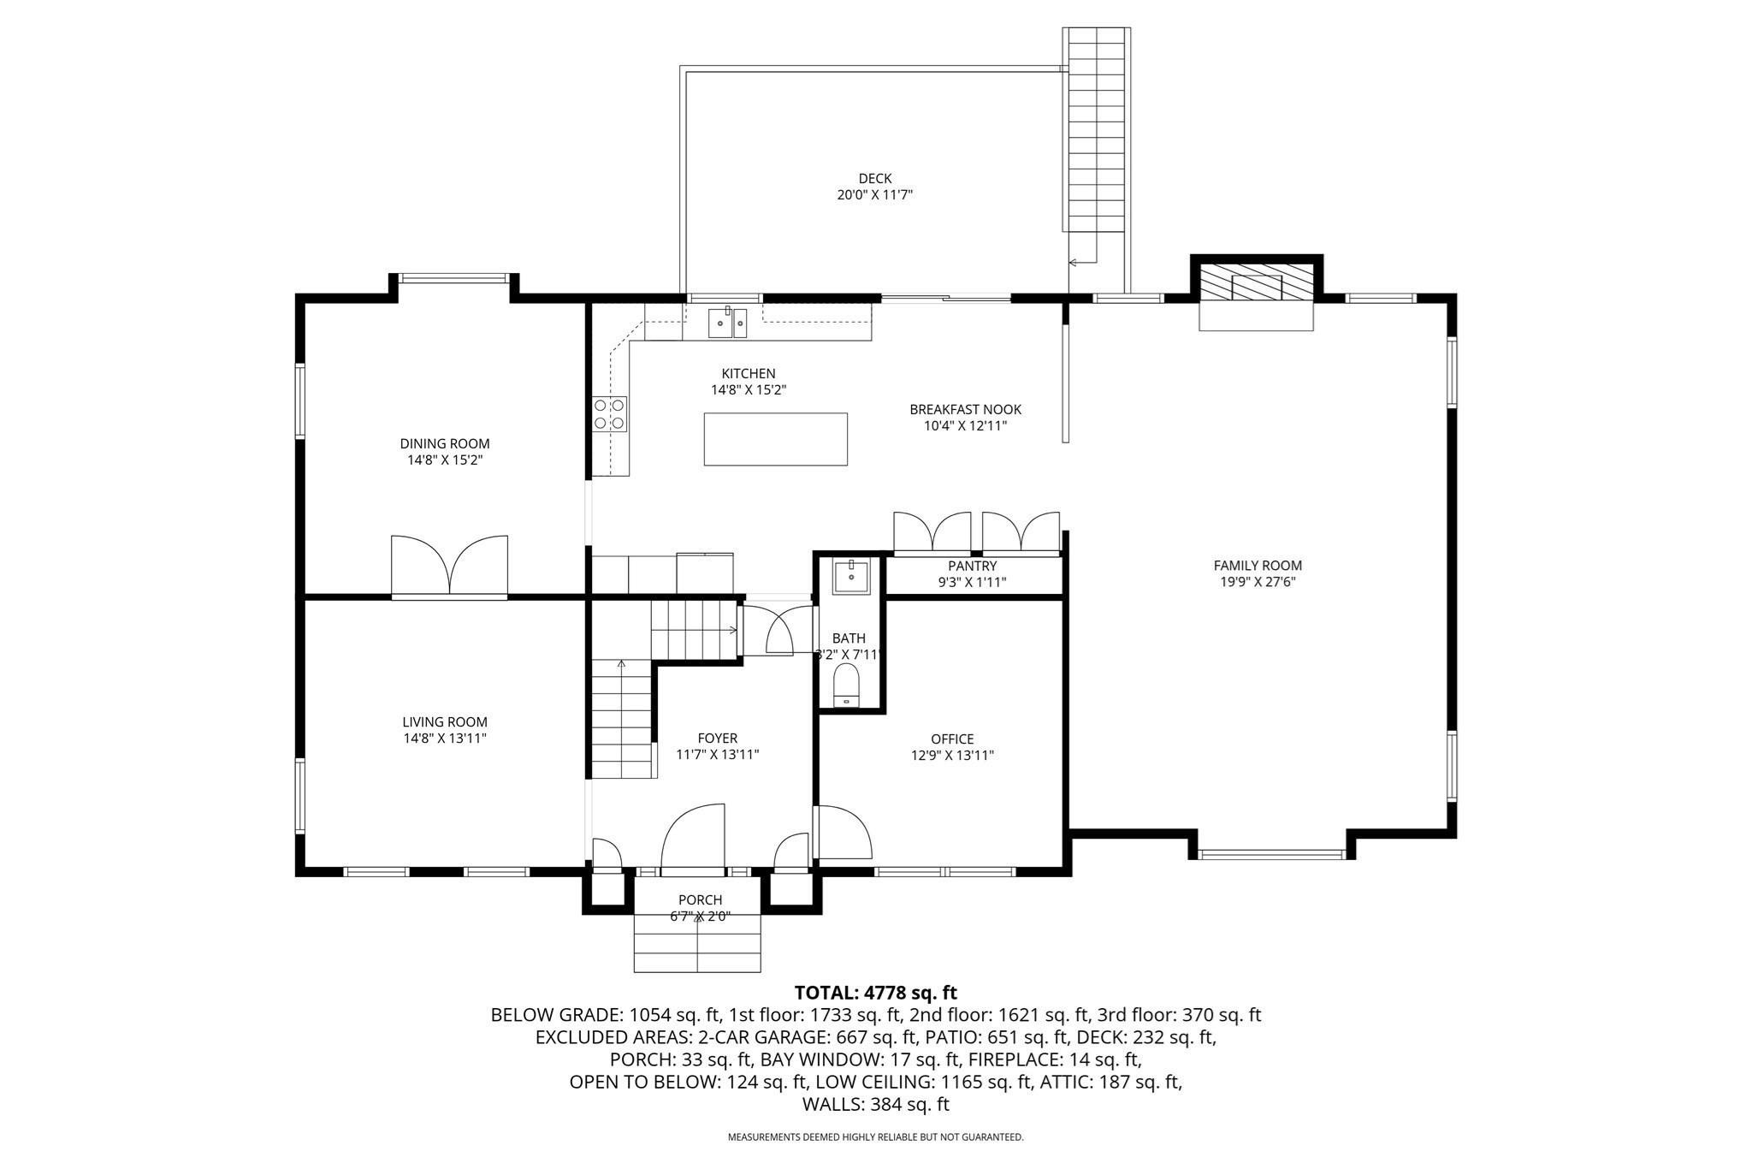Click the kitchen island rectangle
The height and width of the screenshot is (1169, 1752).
[x=775, y=439]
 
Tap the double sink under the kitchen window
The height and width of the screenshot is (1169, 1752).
[x=727, y=323]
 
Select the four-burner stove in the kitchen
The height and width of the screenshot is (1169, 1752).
[x=610, y=413]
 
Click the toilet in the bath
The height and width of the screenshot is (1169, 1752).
[x=846, y=685]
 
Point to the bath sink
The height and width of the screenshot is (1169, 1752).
[x=850, y=576]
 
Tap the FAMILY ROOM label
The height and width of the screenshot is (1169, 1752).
[x=1257, y=565]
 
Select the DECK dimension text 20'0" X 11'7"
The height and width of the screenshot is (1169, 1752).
[x=874, y=195]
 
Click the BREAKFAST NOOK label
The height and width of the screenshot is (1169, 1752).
[x=965, y=409]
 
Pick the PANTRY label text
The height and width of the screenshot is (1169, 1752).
[x=972, y=566]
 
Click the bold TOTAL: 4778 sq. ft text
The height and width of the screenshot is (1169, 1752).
[x=875, y=993]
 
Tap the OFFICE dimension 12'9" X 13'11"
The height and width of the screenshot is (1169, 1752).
[x=952, y=756]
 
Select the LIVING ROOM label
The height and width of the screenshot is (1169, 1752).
[x=445, y=721]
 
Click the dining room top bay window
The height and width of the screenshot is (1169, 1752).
[x=453, y=277]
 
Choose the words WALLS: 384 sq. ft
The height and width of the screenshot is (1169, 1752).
[x=875, y=1104]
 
